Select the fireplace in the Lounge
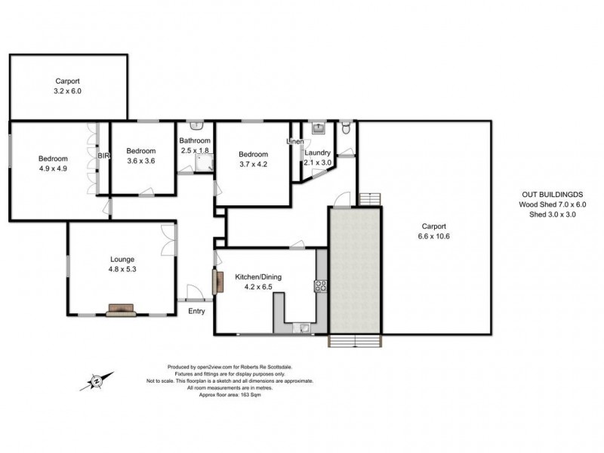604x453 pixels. [121, 309]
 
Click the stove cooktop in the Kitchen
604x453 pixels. [320, 285]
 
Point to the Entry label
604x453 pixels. [196, 310]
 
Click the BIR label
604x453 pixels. [103, 156]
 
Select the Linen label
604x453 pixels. [294, 141]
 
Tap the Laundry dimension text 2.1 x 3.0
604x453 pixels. [317, 162]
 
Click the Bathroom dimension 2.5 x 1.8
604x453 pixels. [194, 151]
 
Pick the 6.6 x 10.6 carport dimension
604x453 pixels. [433, 236]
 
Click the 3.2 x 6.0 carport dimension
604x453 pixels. [67, 91]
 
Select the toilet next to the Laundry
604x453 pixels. [345, 128]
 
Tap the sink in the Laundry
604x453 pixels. [319, 128]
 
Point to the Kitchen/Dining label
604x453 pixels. [258, 277]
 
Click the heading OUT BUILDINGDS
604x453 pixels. [550, 194]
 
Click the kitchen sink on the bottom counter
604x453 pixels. [303, 327]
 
